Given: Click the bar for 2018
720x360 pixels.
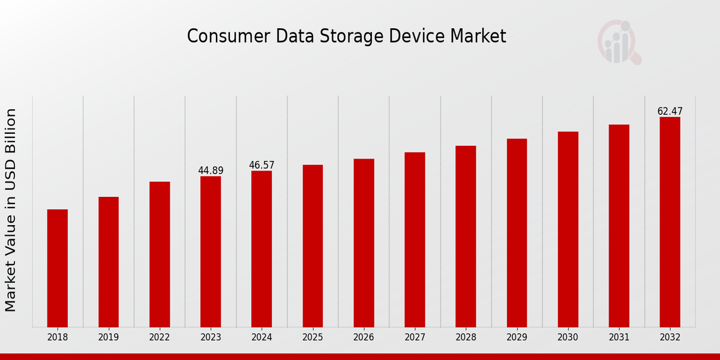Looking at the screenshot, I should click(58, 268).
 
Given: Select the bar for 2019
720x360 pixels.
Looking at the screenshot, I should click(109, 262).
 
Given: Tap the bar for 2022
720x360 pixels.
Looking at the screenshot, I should click(160, 254).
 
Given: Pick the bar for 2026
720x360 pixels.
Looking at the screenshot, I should click(364, 243).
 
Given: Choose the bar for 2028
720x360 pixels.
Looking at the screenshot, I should click(466, 236).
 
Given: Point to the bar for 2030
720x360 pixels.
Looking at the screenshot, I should click(568, 229).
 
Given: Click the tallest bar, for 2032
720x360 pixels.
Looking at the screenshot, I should click(670, 222).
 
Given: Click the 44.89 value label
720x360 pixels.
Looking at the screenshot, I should click(211, 171).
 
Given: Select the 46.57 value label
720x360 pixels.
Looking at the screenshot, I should click(262, 165).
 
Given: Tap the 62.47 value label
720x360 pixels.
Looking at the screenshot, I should click(670, 112).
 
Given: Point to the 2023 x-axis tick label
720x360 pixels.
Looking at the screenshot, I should click(211, 338).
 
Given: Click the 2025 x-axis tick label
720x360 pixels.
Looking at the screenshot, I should click(313, 338).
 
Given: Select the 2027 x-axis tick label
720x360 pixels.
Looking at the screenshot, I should click(415, 338).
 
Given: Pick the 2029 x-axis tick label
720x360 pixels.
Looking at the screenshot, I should click(517, 338).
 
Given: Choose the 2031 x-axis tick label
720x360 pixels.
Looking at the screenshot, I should click(619, 338).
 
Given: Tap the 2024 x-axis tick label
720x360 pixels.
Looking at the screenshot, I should click(262, 338).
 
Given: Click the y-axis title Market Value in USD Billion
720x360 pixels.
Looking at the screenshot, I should click(11, 210).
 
